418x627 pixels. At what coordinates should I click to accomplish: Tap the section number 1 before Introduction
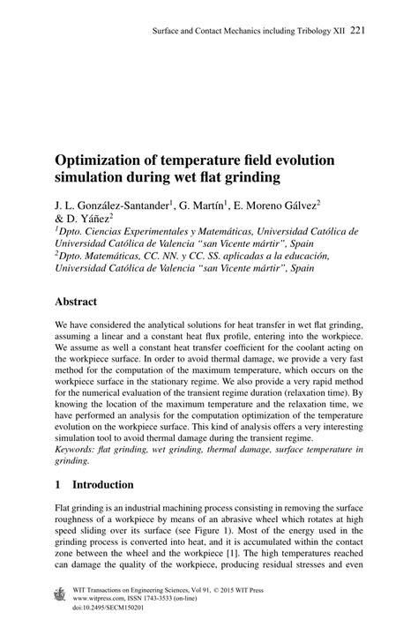58,484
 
